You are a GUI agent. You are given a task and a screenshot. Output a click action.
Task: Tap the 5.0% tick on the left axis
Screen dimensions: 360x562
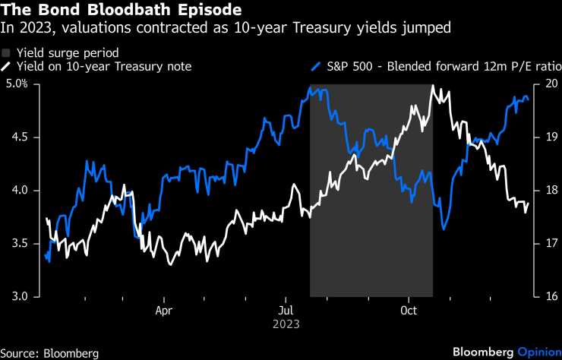click(x=15, y=84)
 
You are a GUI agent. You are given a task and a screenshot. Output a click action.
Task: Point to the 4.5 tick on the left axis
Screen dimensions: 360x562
click(x=17, y=137)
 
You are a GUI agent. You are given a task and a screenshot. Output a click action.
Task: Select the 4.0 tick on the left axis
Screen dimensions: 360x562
click(x=17, y=191)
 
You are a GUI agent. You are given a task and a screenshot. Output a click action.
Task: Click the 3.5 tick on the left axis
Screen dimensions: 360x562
click(x=17, y=244)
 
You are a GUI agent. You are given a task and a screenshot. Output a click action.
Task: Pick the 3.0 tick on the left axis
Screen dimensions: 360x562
click(x=17, y=297)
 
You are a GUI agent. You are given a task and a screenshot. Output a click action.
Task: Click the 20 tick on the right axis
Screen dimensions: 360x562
click(x=551, y=84)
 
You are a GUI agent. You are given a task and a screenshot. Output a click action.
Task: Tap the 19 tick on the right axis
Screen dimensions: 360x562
click(x=551, y=137)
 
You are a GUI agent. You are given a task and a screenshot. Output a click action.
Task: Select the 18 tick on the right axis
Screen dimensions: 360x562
click(x=551, y=191)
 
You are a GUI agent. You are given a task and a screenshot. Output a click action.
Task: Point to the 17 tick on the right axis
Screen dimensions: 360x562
click(x=551, y=244)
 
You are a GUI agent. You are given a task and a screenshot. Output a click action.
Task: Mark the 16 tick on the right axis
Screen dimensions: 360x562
click(x=551, y=297)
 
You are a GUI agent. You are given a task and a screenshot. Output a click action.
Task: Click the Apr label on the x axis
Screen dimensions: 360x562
click(x=164, y=310)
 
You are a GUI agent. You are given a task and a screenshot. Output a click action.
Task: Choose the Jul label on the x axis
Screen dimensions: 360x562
click(x=286, y=310)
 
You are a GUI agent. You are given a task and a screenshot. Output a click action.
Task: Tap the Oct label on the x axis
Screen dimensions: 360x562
click(x=409, y=310)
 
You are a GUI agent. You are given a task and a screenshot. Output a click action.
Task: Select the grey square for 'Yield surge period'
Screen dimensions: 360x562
click(x=7, y=53)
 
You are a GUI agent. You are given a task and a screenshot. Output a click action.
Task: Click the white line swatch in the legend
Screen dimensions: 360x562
click(x=7, y=67)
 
